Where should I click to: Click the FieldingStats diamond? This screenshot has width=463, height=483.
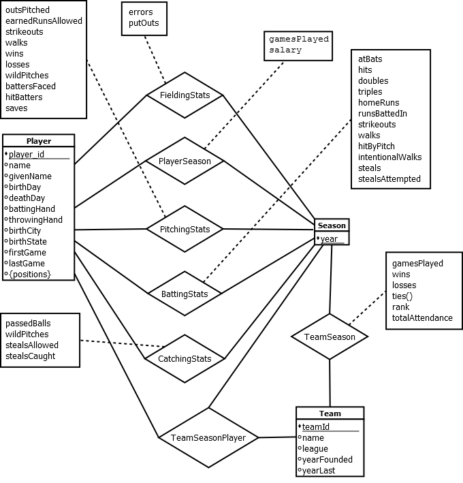point(185,95)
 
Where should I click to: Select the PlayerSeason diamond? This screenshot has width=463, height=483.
point(185,161)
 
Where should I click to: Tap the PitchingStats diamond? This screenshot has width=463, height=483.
point(185,230)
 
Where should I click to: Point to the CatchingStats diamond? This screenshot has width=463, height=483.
point(185,358)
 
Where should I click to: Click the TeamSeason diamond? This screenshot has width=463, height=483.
point(330,337)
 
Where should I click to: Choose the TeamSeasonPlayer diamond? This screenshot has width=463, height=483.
point(208,437)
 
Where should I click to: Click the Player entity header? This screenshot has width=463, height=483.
point(38,141)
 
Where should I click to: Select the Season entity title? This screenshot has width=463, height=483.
point(332,225)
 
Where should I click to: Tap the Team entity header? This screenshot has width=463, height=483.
point(330,414)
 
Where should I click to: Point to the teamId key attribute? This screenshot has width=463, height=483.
point(316,427)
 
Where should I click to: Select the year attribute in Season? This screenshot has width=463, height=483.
point(329,238)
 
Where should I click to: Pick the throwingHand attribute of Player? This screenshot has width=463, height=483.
point(35,220)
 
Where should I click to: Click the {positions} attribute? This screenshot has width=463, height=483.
point(30,275)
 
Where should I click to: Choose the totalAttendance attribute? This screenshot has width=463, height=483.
point(422,318)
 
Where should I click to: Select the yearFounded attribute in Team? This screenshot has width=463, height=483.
point(328,460)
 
